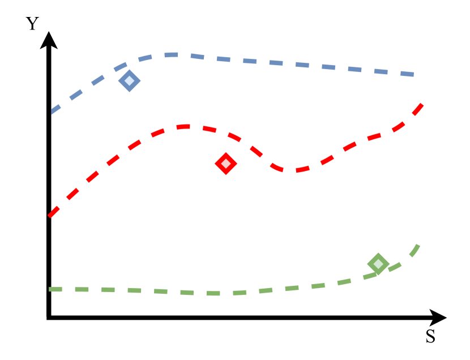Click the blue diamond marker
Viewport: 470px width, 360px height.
coord(129,81)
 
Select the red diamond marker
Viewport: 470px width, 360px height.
coord(225,164)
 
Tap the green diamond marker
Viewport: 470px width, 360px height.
coord(378,264)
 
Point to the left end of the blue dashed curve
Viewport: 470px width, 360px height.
coord(52,113)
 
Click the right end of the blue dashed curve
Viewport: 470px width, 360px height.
coord(415,74)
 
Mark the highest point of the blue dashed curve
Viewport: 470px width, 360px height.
coord(173,55)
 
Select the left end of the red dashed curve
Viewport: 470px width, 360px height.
coord(49,216)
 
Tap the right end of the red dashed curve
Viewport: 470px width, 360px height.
coord(422,104)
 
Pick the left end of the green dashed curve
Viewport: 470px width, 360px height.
coord(49,289)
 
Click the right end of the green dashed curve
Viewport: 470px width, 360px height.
coord(418,245)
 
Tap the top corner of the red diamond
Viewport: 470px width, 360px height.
coord(225,152)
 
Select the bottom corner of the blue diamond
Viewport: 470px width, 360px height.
coord(129,92)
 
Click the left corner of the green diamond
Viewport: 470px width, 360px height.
coord(367,264)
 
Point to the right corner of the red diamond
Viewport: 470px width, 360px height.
coord(237,164)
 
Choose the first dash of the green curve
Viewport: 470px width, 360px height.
coord(55,289)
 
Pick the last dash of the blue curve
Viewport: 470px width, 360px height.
coord(408,74)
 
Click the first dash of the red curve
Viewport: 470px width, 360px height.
coord(54,212)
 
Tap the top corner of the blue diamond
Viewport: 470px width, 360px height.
coord(129,70)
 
